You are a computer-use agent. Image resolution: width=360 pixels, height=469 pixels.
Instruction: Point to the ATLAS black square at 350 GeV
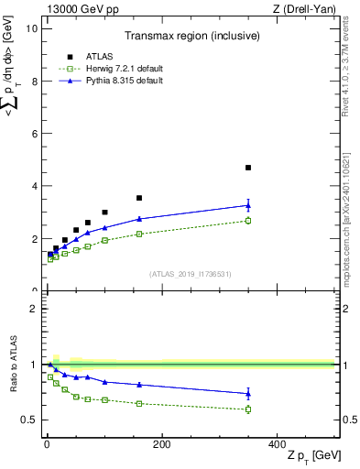pyautogui.click(x=248, y=168)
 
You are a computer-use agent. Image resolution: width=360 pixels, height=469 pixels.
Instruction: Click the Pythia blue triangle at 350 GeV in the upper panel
pyautogui.click(x=248, y=205)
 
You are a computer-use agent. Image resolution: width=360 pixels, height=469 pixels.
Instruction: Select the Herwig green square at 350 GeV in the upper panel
pyautogui.click(x=248, y=221)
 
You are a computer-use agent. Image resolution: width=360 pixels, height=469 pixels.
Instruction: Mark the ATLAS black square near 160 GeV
pyautogui.click(x=139, y=198)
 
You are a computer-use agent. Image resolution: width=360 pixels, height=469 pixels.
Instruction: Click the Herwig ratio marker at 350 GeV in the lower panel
pyautogui.click(x=248, y=409)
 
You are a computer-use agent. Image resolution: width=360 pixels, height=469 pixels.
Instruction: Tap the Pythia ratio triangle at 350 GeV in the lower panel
pyautogui.click(x=248, y=394)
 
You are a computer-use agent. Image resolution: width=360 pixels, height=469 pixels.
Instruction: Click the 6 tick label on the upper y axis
pyautogui.click(x=33, y=134)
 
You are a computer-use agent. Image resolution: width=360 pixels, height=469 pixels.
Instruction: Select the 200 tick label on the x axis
pyautogui.click(x=162, y=445)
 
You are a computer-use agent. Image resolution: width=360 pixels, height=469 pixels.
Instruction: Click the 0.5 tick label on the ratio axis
pyautogui.click(x=29, y=420)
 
